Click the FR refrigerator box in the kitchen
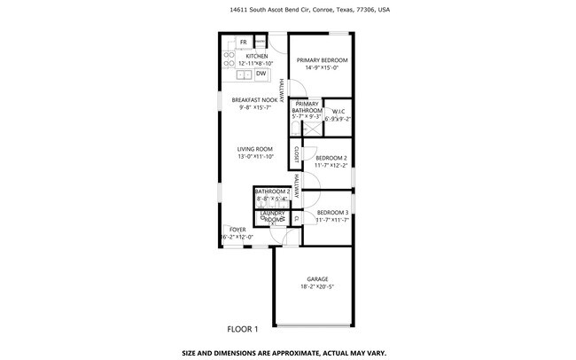243,43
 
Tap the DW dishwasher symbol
249,74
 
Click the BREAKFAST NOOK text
254,100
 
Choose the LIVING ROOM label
255,148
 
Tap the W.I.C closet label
338,112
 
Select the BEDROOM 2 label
331,158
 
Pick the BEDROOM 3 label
332,212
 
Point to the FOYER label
237,230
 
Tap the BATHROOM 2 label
272,192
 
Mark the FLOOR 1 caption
242,329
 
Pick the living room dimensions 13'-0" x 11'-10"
255,156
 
